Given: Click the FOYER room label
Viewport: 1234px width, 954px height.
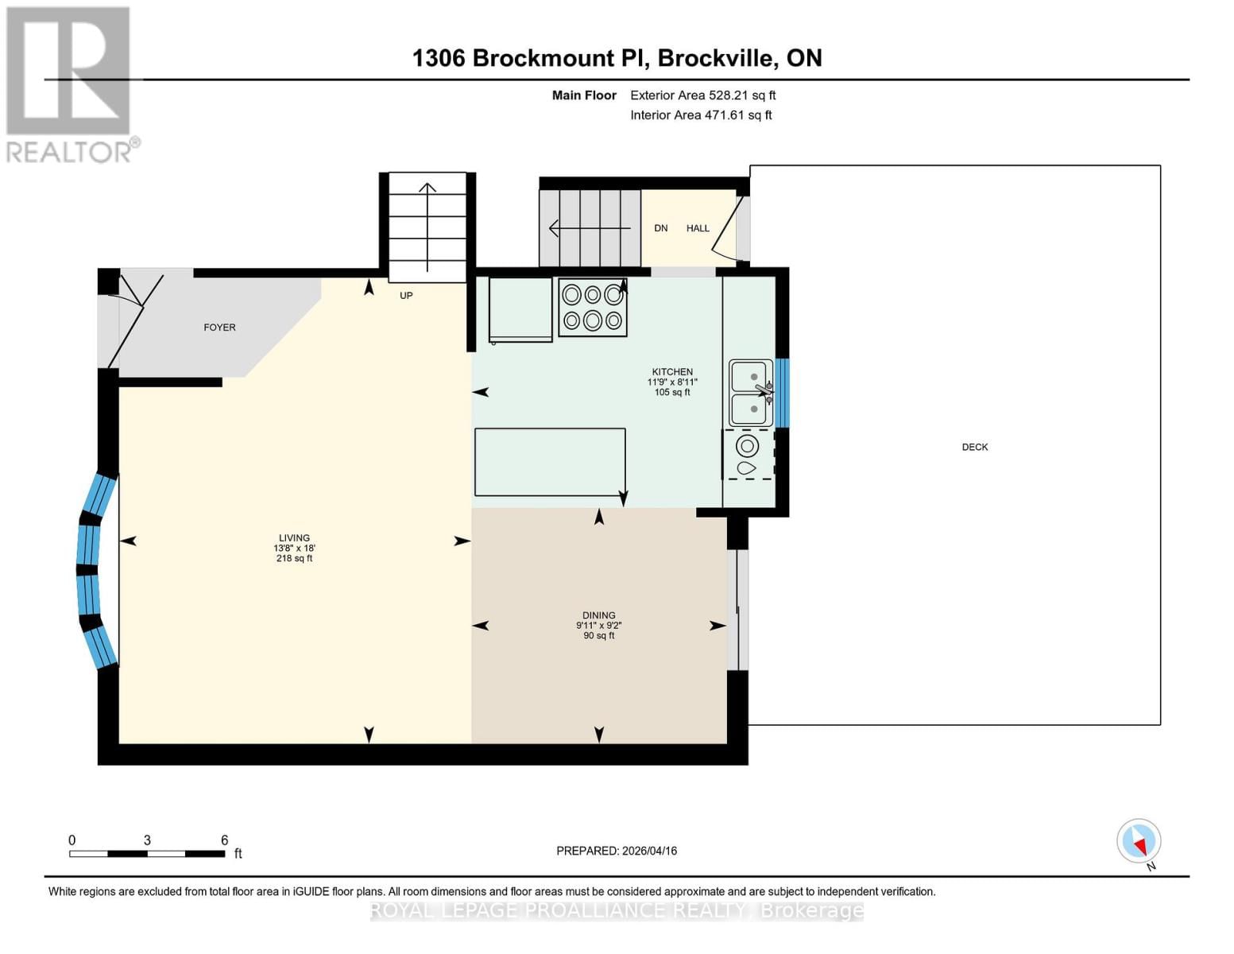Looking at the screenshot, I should coord(219,328).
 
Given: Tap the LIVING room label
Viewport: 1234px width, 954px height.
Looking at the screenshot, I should coord(294,538).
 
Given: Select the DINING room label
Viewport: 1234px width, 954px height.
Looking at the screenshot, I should coord(598,615).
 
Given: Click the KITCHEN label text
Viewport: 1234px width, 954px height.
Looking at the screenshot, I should coord(672,372).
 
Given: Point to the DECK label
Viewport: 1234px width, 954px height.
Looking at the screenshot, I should coord(974,448).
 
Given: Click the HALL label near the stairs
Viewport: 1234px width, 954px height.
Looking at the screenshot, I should coord(698,229).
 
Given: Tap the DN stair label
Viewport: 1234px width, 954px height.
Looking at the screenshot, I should coord(660,229).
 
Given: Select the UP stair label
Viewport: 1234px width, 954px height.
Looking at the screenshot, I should coord(406,296).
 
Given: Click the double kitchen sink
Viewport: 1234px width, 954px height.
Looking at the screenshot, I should coord(751,393).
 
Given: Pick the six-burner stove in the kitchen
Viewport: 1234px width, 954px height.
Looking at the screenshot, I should coord(593,308).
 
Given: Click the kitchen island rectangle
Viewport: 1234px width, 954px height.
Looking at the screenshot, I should coord(550,462).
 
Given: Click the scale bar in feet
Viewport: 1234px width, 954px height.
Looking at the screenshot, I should coord(147,854).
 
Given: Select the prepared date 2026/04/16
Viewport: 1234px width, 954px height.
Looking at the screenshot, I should coord(617,851).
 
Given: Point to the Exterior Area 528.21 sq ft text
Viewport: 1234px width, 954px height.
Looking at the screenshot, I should coord(702,95).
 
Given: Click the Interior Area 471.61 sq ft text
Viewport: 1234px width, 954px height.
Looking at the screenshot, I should coord(701,115).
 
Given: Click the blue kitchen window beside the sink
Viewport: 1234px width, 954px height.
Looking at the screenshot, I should coord(782,393).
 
